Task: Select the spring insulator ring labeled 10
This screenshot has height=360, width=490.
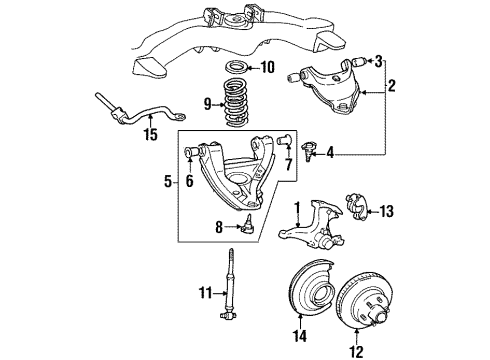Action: click(x=238, y=69)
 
